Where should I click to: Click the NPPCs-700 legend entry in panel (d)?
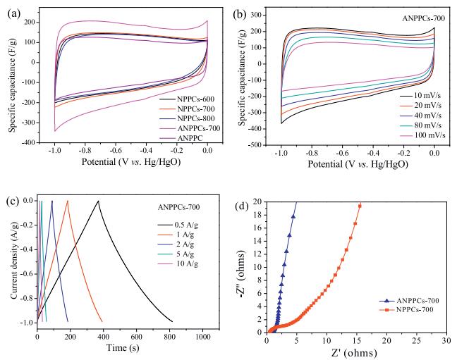(404, 309)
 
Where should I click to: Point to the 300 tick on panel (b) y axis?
(269, 13)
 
